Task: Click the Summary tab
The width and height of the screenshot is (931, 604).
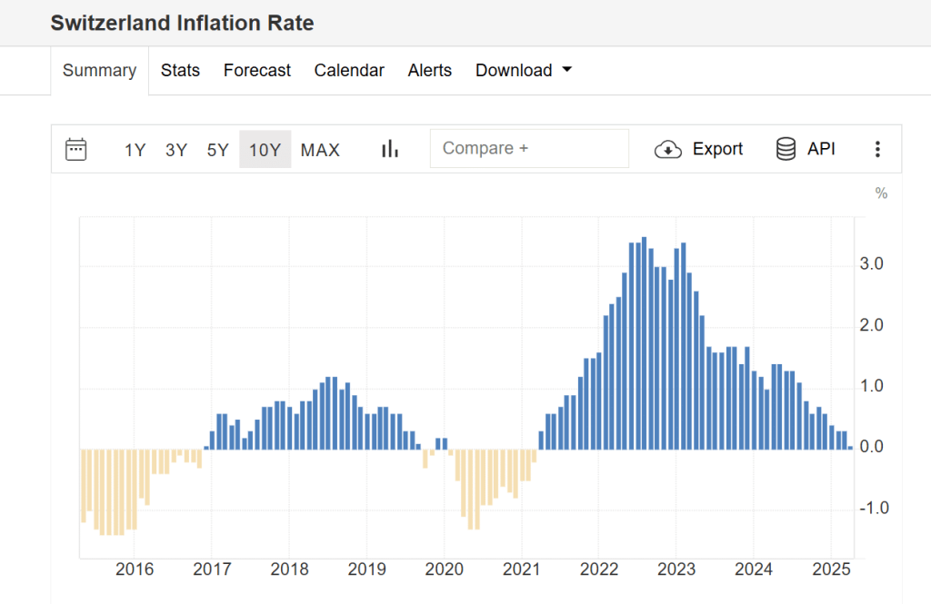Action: tap(99, 71)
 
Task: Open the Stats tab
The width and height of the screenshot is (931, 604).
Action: tap(180, 71)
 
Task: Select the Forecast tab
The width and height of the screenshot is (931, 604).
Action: tap(257, 71)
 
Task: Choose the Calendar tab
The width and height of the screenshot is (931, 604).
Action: tap(349, 71)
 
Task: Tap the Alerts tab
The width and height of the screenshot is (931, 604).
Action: tap(429, 71)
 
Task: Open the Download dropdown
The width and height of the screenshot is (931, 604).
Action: tap(523, 71)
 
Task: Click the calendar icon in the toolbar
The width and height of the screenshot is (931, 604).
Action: tap(76, 149)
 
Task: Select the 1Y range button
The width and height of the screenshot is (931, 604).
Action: tap(135, 150)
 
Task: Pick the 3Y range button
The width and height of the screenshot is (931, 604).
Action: tap(176, 150)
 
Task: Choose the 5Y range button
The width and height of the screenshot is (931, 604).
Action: tap(217, 150)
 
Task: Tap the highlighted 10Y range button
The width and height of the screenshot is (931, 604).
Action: tap(265, 150)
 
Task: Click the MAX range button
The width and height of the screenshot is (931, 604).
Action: tap(320, 150)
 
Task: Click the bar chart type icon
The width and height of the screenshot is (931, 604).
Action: tap(390, 149)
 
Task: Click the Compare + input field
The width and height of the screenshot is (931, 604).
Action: tap(529, 149)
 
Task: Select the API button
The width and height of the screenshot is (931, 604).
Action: tap(806, 149)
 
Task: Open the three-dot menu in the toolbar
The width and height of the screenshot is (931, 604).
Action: tap(877, 149)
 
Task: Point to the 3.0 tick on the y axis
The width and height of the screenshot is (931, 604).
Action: tap(872, 264)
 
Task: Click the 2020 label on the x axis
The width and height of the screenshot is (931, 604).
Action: tap(444, 569)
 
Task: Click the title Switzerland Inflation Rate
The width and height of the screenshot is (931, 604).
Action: tap(182, 24)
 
